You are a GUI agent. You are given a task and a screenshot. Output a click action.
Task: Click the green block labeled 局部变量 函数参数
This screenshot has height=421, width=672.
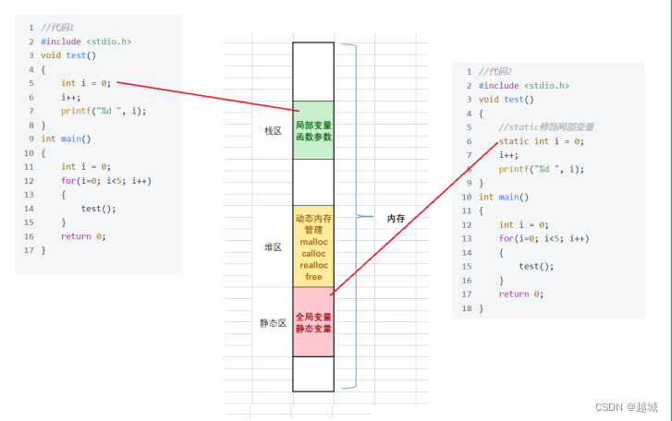(313, 130)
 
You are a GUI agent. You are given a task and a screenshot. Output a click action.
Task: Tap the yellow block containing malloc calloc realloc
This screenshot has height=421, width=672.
(313, 247)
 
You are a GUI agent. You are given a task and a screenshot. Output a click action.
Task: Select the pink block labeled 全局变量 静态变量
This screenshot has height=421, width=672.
(313, 322)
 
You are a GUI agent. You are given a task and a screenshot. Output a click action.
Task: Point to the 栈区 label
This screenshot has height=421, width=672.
(273, 131)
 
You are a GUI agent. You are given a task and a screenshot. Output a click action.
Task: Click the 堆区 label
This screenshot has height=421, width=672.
(273, 247)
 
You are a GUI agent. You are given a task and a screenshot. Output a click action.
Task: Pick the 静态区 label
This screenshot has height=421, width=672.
(273, 323)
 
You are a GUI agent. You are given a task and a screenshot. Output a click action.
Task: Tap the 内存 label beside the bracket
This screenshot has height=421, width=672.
(396, 219)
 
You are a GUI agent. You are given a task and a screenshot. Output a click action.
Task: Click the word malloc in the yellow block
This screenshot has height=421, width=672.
(313, 242)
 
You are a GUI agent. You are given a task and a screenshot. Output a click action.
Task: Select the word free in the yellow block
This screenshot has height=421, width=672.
(313, 277)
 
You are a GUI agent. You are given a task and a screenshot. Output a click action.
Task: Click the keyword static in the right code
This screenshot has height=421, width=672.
(514, 141)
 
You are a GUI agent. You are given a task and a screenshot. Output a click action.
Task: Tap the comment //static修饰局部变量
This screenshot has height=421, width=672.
(546, 127)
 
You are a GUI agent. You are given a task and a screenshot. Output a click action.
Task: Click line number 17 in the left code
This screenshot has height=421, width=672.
(30, 249)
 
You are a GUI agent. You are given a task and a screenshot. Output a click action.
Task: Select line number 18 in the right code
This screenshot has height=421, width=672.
(467, 307)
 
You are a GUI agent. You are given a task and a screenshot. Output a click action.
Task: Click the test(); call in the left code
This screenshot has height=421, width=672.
(98, 208)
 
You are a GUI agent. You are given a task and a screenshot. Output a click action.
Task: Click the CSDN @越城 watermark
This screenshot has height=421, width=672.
(626, 406)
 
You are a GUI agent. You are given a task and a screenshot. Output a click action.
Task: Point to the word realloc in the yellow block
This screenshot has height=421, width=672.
(313, 265)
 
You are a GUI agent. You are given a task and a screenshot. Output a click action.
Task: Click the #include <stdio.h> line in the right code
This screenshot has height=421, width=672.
(524, 85)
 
